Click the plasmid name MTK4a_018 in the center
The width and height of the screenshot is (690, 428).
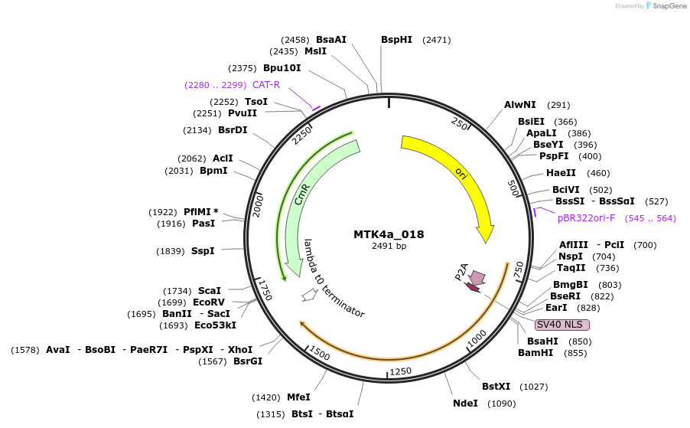tap(389, 234)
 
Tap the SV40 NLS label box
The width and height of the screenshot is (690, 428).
tap(562, 325)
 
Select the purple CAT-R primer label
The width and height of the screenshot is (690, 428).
tap(266, 85)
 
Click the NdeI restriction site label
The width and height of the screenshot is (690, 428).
tap(465, 403)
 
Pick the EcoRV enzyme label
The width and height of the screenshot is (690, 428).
tap(209, 302)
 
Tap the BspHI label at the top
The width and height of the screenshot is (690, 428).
tap(396, 39)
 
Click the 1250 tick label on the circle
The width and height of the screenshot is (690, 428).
tap(400, 371)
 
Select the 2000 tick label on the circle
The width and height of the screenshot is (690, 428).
tap(259, 205)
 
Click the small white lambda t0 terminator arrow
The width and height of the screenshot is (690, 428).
tap(309, 295)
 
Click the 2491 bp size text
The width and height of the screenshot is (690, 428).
tap(389, 246)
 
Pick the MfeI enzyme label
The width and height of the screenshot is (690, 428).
tap(298, 397)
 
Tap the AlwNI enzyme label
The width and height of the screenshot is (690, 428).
tap(520, 105)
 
